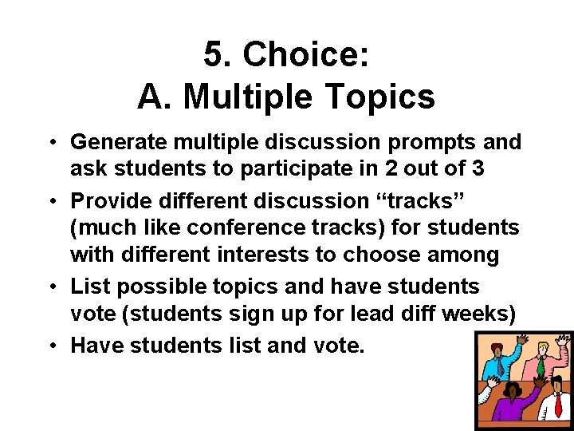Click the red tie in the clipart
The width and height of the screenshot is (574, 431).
pyautogui.click(x=558, y=404)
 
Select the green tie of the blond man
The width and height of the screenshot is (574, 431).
pyautogui.click(x=541, y=367)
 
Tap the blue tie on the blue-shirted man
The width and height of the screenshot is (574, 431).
pyautogui.click(x=501, y=366)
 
